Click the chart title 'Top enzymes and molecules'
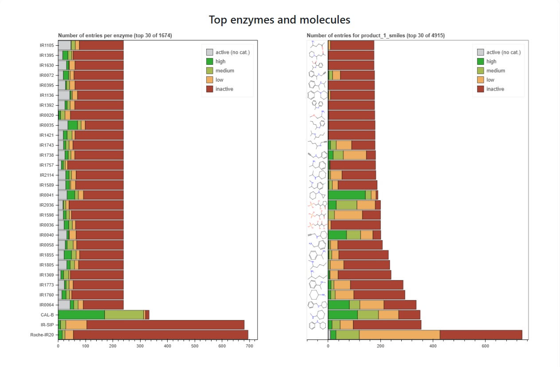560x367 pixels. tap(279, 20)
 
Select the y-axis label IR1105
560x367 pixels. tap(47, 45)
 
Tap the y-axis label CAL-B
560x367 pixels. tap(47, 315)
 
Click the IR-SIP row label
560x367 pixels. tap(47, 325)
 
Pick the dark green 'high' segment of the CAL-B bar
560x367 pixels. tap(81, 315)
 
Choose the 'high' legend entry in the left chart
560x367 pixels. tap(220, 62)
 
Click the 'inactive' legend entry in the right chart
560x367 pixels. tap(495, 89)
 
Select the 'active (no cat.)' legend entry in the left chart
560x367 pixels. tap(233, 52)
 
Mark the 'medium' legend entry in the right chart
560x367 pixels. tap(495, 71)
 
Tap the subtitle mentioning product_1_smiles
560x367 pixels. tap(376, 36)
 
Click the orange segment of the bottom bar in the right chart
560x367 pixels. tap(399, 335)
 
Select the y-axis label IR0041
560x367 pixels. tap(47, 195)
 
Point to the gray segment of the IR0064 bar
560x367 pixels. tap(64, 305)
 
